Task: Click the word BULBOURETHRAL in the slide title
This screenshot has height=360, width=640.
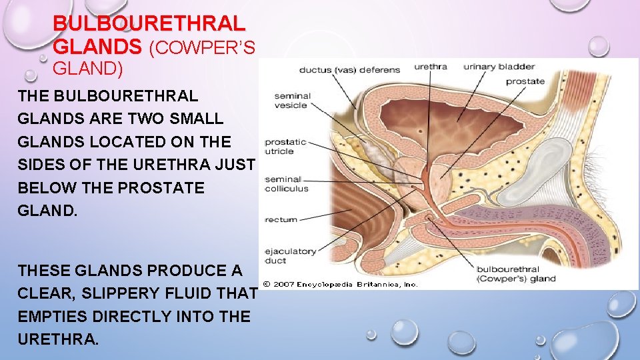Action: pyautogui.click(x=149, y=24)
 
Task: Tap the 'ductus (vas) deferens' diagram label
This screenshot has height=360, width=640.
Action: pyautogui.click(x=349, y=70)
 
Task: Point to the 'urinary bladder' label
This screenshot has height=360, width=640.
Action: pyautogui.click(x=509, y=67)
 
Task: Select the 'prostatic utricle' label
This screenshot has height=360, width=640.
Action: pyautogui.click(x=285, y=147)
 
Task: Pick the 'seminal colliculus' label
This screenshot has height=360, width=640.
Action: pyautogui.click(x=287, y=183)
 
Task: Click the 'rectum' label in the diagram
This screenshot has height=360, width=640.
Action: pyautogui.click(x=281, y=219)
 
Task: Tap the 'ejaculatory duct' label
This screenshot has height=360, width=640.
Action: pyautogui.click(x=290, y=256)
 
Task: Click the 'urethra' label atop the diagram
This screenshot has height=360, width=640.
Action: pyautogui.click(x=430, y=67)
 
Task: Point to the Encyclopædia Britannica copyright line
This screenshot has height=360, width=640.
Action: pyautogui.click(x=340, y=284)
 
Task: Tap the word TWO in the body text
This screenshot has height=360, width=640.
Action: pyautogui.click(x=151, y=119)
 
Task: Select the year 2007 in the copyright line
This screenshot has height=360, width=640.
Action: pyautogui.click(x=285, y=284)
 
